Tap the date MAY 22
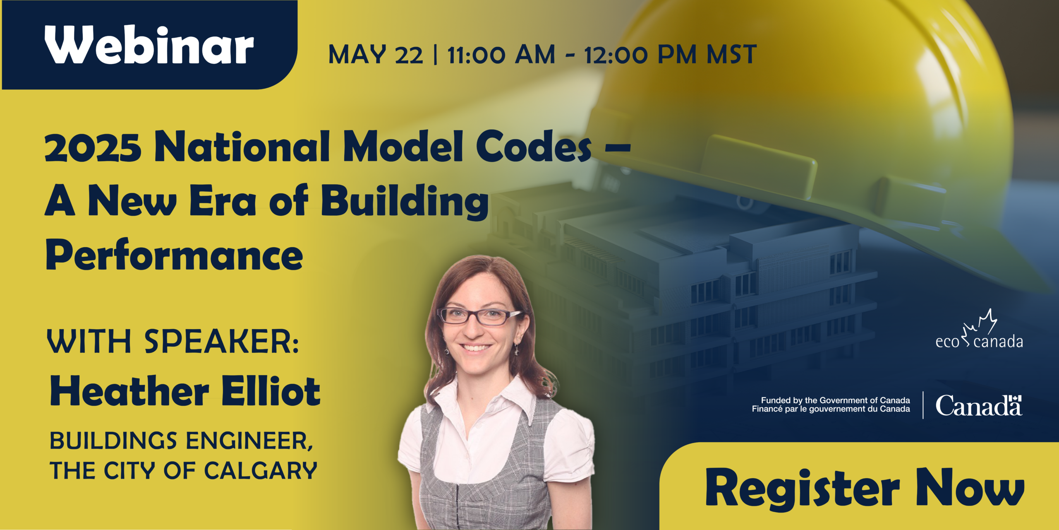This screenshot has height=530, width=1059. (x=376, y=55)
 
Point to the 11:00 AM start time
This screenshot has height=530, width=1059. (x=501, y=55)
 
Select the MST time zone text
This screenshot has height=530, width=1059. (x=731, y=55)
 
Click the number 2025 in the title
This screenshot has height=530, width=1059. (x=93, y=147)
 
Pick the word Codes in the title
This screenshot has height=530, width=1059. (x=534, y=147)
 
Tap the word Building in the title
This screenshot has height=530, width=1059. (x=405, y=201)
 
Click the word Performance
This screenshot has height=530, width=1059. (x=174, y=254)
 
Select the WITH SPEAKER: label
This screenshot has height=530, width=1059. (x=173, y=341)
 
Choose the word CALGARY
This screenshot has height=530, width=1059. (x=261, y=471)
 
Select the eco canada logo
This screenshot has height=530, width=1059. (x=979, y=329)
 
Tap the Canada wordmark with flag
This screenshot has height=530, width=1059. (x=979, y=405)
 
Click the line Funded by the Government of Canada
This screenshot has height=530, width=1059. (x=835, y=400)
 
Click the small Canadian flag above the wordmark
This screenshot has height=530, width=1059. (x=1015, y=399)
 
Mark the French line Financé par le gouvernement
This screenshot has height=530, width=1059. (x=831, y=409)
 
